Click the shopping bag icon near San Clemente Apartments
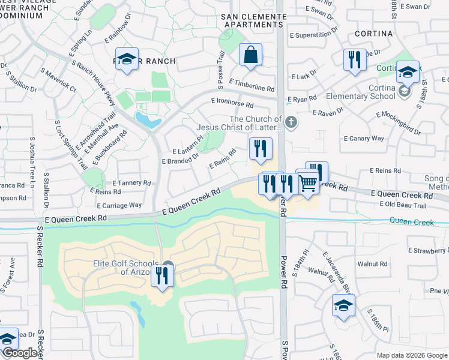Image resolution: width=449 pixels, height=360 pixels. pyautogui.click(x=250, y=55)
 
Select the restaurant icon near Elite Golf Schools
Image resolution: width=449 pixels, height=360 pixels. pyautogui.click(x=162, y=276)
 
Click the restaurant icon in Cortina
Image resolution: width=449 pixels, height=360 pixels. pyautogui.click(x=355, y=60)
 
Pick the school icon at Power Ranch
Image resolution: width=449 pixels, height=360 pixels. pyautogui.click(x=127, y=59)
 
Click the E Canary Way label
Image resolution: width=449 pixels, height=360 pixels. pyautogui.click(x=364, y=139)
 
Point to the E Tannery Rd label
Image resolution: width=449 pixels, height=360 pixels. pyautogui.click(x=132, y=183)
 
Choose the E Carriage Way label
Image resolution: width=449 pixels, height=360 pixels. pyautogui.click(x=123, y=205)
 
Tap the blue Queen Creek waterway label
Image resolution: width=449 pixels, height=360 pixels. pyautogui.click(x=411, y=221)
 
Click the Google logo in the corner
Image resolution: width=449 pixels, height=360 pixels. pyautogui.click(x=20, y=353)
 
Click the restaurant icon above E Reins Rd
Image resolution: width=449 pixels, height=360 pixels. pyautogui.click(x=261, y=148)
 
